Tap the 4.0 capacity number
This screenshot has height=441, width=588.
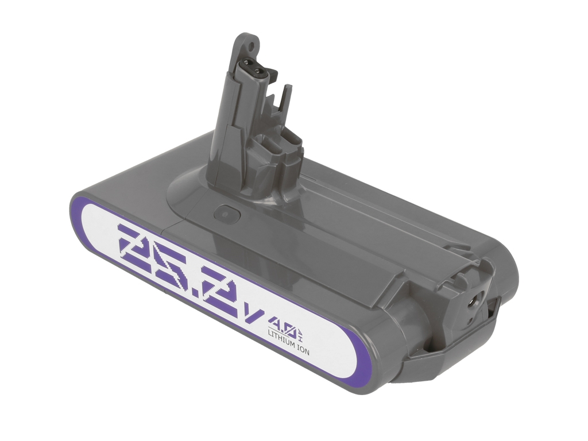283,323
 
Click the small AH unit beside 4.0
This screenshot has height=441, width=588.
301,332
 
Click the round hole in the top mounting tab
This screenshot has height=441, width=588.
250,46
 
